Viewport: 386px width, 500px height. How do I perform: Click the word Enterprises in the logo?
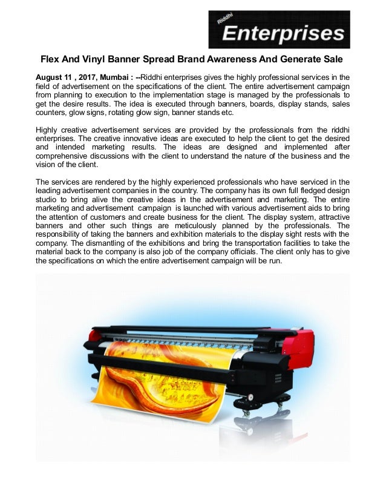283,33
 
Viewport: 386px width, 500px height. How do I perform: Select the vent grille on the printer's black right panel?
278,378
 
